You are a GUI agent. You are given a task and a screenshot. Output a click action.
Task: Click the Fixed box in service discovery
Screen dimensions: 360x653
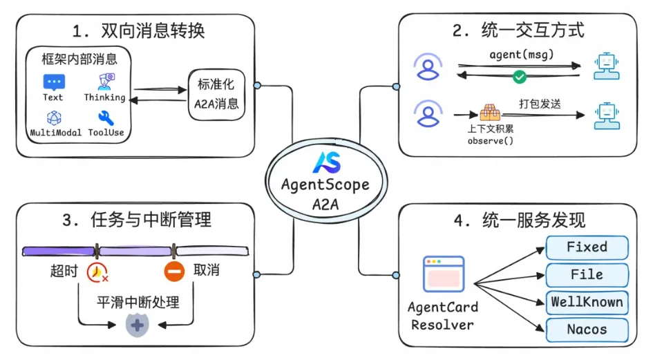tap(587, 247)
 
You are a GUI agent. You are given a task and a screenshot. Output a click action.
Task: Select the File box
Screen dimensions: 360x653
tap(587, 275)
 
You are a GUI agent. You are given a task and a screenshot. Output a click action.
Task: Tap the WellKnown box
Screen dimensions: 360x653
tap(587, 302)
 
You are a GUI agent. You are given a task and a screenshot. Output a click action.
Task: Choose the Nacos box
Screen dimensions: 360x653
tap(587, 330)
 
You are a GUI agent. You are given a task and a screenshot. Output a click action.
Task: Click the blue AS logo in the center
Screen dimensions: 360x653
tap(325, 161)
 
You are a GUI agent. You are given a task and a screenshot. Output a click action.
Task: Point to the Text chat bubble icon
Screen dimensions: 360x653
tap(53, 82)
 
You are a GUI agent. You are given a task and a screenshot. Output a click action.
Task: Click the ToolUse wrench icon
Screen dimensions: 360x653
tap(106, 117)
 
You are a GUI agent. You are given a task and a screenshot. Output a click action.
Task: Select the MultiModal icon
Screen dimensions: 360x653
tap(55, 117)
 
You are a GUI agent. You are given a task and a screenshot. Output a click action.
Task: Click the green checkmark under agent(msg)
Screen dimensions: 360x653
tap(520, 77)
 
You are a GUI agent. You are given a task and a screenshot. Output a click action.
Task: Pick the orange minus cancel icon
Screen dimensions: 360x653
tap(174, 272)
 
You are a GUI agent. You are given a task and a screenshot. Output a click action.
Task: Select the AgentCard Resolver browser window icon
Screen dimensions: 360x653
tap(444, 274)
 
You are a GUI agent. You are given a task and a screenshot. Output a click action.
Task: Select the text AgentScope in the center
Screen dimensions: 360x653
tap(325, 186)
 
